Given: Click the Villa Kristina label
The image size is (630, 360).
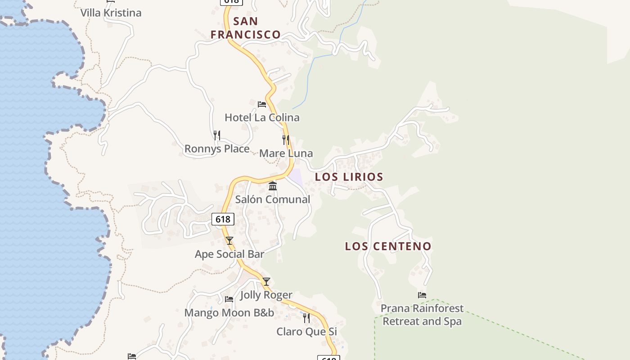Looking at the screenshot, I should click(x=111, y=13).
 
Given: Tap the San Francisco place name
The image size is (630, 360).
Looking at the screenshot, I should click(x=246, y=28).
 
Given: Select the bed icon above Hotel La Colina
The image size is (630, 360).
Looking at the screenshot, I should click(x=262, y=104).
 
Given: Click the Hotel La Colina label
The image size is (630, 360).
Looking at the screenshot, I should click(x=262, y=117).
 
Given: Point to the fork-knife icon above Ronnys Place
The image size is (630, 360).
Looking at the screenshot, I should click(x=217, y=135).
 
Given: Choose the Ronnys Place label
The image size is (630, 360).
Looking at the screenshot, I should click(x=217, y=148).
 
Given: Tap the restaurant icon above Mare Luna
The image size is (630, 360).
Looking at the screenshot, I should click(x=286, y=139).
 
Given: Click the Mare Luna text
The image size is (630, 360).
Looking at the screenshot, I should click(x=286, y=153).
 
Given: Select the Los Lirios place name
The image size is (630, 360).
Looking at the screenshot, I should click(x=349, y=177).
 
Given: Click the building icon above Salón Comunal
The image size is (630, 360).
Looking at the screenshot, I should click(x=273, y=186).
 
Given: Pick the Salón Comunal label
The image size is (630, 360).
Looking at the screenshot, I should click(x=273, y=199).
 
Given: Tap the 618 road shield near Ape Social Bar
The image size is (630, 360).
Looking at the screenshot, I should click(x=223, y=219).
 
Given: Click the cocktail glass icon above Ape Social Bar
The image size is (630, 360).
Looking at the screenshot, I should click(x=229, y=241).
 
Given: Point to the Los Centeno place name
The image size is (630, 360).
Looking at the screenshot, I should click(x=388, y=247).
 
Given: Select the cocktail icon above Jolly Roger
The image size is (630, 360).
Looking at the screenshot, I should click(x=266, y=282).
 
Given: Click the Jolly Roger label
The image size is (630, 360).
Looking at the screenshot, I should click(x=266, y=295).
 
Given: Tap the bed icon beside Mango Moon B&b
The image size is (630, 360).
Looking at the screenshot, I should click(x=229, y=299).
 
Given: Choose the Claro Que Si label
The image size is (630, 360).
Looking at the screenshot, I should click(x=306, y=332).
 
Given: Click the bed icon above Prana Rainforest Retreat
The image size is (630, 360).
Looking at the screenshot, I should click(x=422, y=295).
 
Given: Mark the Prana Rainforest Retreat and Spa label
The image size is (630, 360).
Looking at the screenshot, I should click(x=422, y=315).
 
